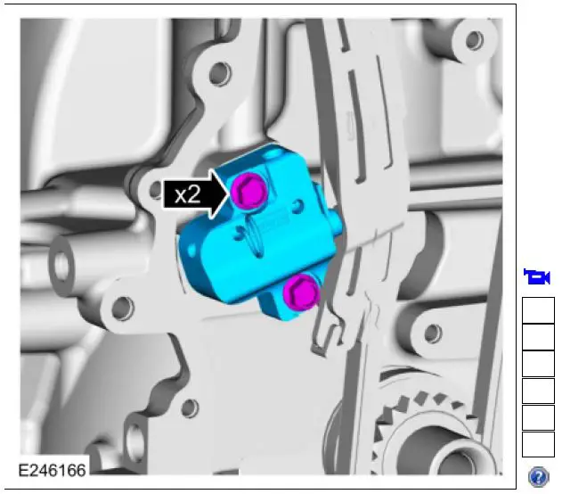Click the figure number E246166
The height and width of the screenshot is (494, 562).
click(53, 466)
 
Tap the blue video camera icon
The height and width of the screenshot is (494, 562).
click(537, 276)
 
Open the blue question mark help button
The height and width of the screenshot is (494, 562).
click(538, 477)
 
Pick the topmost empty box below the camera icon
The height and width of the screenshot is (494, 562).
click(537, 310)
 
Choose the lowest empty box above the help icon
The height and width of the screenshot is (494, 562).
click(537, 444)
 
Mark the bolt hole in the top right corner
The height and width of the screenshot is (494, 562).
click(475, 40)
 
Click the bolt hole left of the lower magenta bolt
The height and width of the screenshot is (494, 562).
click(123, 309)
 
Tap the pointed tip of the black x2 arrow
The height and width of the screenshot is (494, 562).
click(230, 194)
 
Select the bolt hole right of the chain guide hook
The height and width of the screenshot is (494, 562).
click(431, 333)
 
